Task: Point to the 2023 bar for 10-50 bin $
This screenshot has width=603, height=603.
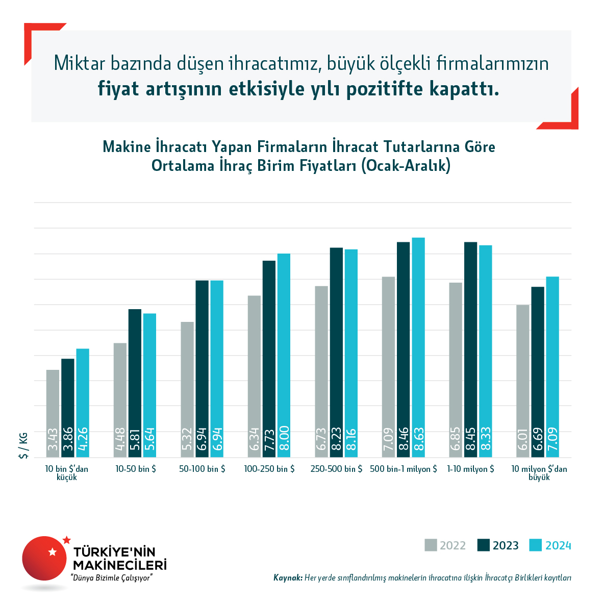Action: tap(135, 383)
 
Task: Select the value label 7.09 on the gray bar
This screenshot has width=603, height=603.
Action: tap(389, 441)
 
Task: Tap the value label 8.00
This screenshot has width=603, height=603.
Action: tap(284, 441)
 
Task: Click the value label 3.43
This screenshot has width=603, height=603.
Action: tap(53, 442)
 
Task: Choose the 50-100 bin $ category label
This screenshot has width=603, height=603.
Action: tap(202, 469)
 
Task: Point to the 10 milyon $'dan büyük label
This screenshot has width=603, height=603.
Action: tap(539, 473)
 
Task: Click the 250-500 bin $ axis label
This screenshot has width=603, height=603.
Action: tap(336, 469)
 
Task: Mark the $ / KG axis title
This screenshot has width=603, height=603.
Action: tap(23, 445)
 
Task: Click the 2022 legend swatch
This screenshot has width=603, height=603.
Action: tap(431, 545)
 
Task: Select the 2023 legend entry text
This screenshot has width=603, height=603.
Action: tap(506, 546)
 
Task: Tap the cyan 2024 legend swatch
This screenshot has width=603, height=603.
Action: tap(535, 545)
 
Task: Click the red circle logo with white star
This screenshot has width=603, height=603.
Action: tap(44, 558)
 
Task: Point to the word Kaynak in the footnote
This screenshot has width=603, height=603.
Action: tap(288, 578)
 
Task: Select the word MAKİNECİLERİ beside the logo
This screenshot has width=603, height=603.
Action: tap(120, 565)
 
